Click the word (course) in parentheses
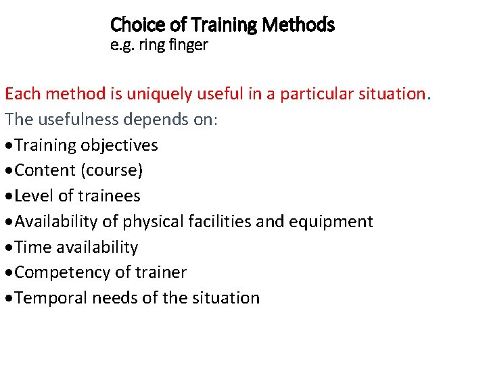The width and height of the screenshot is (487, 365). click(112, 170)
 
